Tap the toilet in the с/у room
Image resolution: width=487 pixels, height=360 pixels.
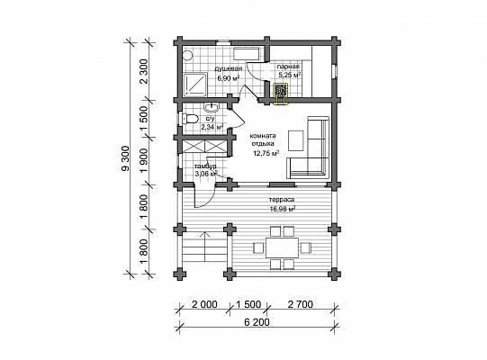coord(191,119)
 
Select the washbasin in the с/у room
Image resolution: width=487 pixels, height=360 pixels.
coord(212,107)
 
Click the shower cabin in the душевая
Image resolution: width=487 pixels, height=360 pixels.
coord(195,85)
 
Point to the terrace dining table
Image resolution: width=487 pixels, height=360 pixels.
coord(282,247)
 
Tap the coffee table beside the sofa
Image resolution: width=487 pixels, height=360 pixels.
coord(295,140)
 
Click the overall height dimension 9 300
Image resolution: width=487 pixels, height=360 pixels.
coord(125,158)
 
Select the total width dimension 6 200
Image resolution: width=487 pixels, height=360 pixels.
coord(257,322)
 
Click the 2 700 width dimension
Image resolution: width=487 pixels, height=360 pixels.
coord(301,304)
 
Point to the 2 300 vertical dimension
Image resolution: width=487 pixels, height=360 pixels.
coord(144,72)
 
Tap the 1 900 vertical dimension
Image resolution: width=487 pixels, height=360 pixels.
coord(145,161)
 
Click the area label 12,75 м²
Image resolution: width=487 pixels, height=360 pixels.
coord(266,153)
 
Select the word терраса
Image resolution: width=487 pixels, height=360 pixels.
coord(282,200)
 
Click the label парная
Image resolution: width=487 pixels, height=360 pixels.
coord(288,67)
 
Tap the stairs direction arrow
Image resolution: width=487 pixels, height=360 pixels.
coord(204,247)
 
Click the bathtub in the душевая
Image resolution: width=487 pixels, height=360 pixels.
coord(247,54)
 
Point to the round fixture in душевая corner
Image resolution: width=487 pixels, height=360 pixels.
coord(187,56)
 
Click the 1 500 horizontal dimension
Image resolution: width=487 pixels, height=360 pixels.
coord(248,304)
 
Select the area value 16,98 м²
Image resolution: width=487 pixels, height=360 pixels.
coord(283,209)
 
